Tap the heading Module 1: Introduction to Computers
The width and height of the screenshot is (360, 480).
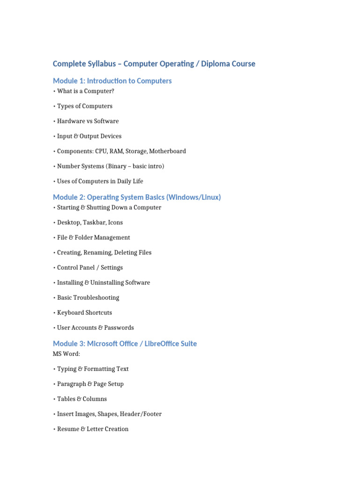112,81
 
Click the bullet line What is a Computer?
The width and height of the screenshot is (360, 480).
85,91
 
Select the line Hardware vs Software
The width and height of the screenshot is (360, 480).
88,121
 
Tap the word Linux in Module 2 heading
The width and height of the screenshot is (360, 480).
209,197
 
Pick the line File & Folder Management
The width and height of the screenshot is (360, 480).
93,237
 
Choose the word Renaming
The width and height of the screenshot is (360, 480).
97,252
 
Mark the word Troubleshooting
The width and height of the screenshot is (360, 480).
97,297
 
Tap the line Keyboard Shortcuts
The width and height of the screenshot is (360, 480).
84,312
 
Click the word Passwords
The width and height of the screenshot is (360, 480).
119,327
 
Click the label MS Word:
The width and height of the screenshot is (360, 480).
67,353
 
